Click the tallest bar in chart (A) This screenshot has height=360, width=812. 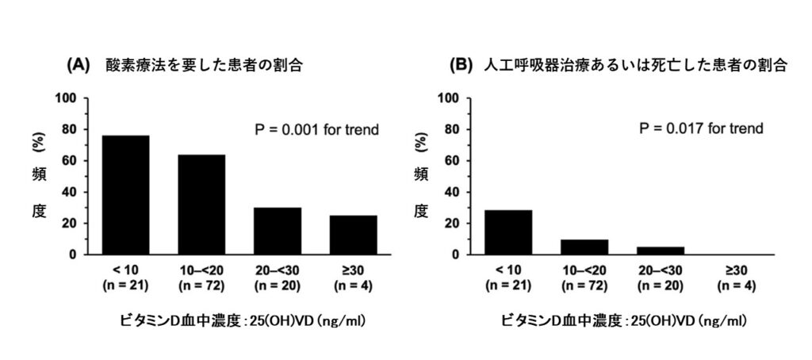[x=125, y=195]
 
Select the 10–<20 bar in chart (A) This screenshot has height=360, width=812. [x=201, y=205]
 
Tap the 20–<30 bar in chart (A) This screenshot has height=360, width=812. [x=278, y=231]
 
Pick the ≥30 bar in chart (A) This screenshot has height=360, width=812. [x=354, y=235]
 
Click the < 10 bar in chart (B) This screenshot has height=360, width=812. [x=508, y=232]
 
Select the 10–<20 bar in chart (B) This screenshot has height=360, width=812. [x=584, y=247]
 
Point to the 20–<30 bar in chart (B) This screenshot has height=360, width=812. [x=661, y=251]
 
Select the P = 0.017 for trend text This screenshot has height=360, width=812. [x=702, y=128]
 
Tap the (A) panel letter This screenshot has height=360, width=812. [x=78, y=66]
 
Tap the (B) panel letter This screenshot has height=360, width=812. [x=461, y=66]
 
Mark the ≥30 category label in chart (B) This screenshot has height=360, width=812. [x=737, y=270]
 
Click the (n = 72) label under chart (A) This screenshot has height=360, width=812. [x=201, y=285]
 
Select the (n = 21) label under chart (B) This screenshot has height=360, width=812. [x=508, y=285]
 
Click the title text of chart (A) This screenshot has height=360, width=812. [x=204, y=66]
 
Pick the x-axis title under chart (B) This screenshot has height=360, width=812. [x=623, y=321]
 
